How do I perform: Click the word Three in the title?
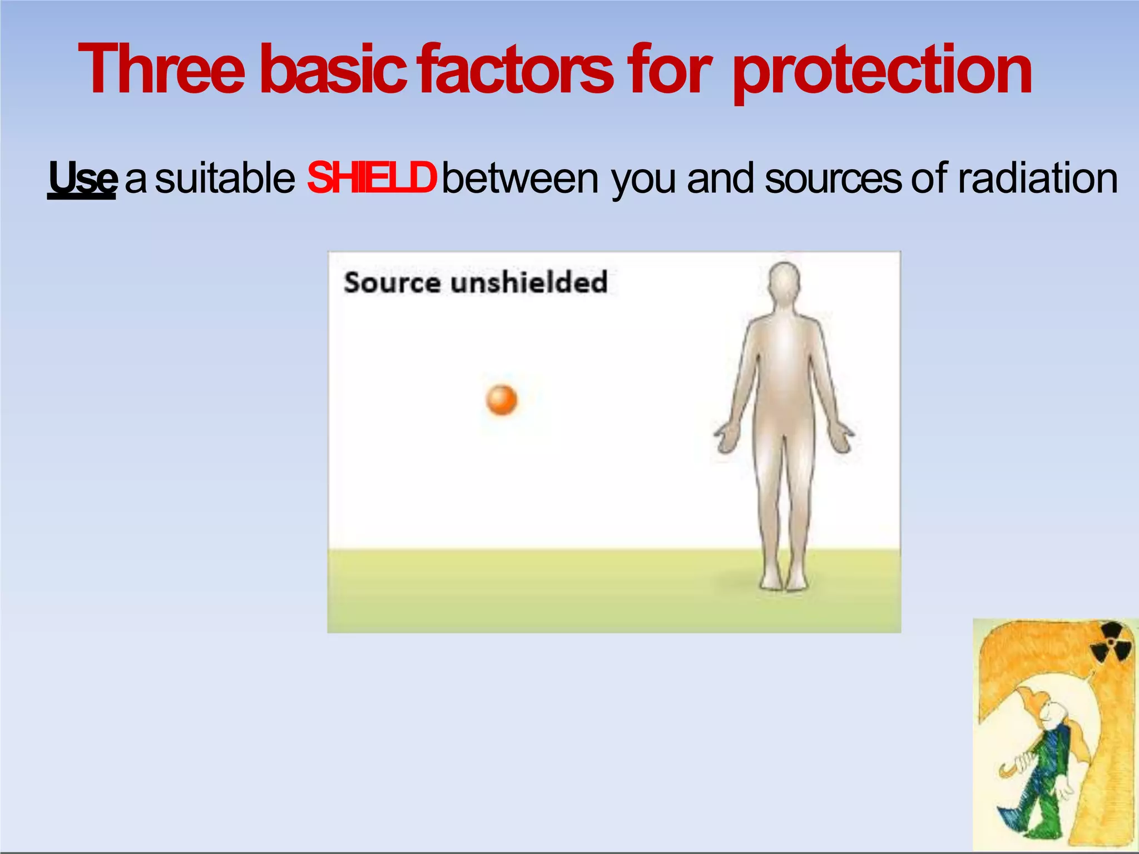click(162, 71)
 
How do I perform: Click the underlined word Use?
click(82, 178)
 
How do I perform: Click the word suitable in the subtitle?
click(225, 178)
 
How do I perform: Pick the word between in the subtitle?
click(521, 178)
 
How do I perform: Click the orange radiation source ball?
click(502, 400)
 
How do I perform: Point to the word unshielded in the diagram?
click(529, 282)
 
